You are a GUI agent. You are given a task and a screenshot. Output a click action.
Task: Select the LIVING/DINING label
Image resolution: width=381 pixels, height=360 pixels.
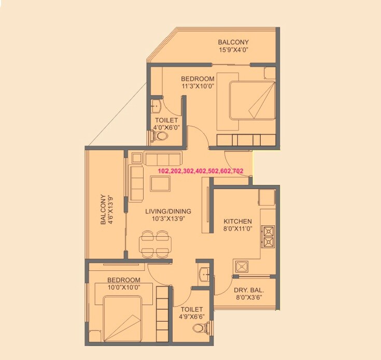[168, 211]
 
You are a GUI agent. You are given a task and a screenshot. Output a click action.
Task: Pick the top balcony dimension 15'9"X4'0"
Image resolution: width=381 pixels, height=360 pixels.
[233, 50]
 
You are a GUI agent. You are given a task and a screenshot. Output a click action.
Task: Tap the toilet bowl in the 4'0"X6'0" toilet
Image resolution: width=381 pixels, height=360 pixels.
[161, 136]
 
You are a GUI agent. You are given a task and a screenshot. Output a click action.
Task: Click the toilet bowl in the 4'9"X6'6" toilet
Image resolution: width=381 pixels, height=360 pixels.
[200, 327]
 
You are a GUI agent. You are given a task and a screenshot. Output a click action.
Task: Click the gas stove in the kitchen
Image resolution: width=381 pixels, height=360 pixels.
[269, 236]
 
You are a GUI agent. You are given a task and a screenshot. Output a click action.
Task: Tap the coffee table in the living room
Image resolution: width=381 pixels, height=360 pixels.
[160, 183]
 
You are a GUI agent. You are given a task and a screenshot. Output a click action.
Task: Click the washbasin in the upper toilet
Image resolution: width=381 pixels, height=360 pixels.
[156, 107]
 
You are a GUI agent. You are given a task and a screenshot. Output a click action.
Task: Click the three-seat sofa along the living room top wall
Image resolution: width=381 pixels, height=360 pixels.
[162, 157]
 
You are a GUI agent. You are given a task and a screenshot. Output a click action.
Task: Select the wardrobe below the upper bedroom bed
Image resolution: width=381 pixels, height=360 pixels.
[244, 140]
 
